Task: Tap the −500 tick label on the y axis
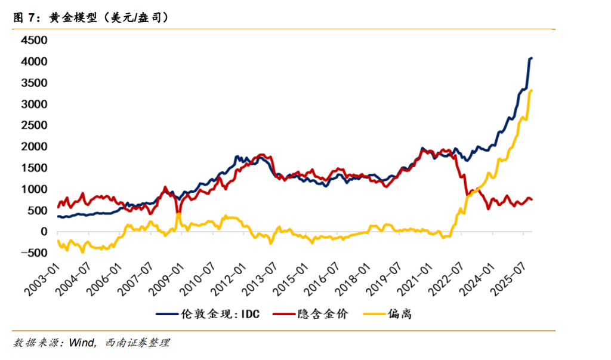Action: (32, 253)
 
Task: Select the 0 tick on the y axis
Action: (42, 232)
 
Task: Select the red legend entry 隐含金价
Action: (321, 314)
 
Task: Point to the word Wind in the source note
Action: (81, 343)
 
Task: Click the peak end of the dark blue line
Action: (531, 58)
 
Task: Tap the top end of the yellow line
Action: (531, 90)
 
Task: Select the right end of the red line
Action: (532, 199)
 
